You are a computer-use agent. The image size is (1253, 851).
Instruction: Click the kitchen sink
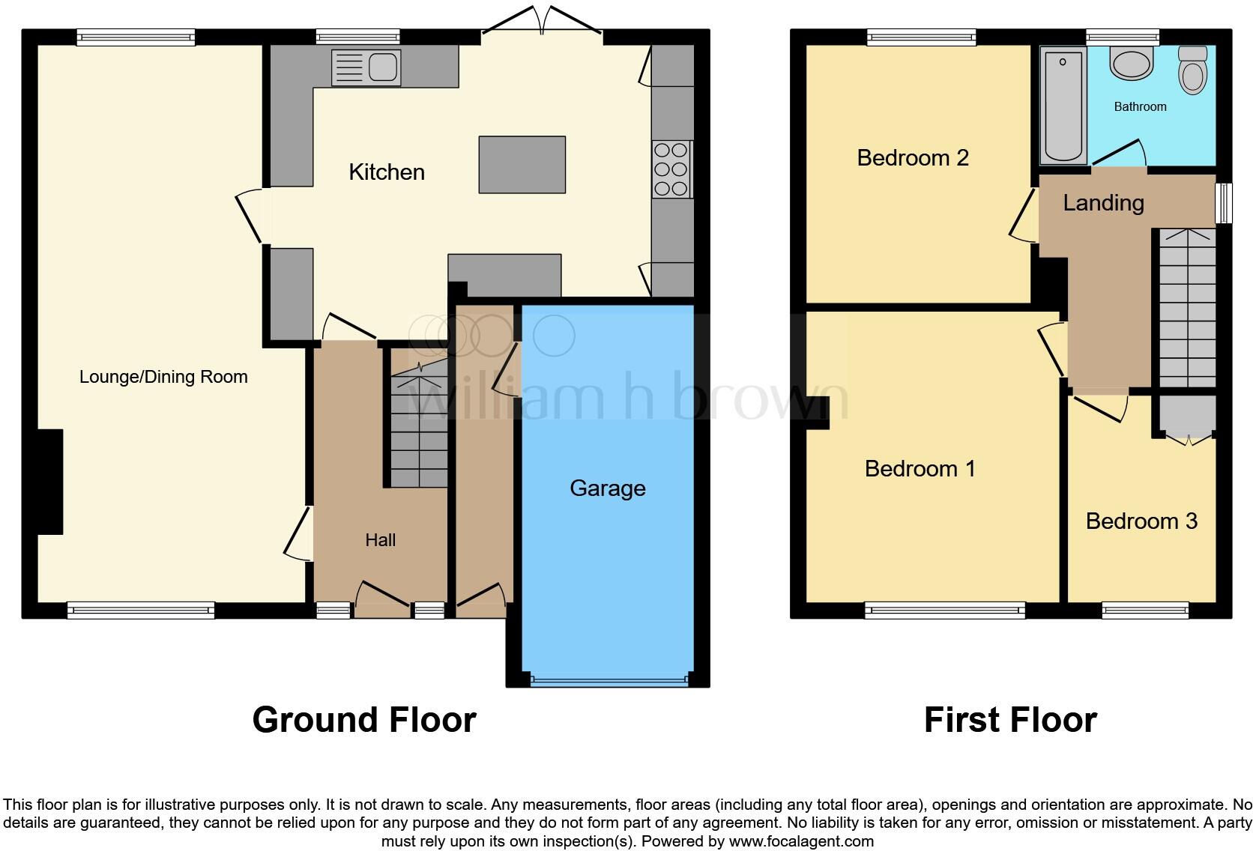click(x=366, y=67)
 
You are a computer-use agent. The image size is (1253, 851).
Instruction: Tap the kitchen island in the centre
click(x=522, y=164)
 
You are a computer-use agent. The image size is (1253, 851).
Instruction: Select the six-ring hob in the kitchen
click(x=671, y=169)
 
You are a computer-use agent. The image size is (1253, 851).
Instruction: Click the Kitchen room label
click(x=387, y=172)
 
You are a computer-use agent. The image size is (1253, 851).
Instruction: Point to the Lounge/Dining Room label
click(x=163, y=377)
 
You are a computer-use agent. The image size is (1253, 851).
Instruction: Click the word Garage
click(x=607, y=488)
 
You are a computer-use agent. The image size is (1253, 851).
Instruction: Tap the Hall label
click(x=380, y=540)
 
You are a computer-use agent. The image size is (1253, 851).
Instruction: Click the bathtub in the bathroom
click(x=1063, y=105)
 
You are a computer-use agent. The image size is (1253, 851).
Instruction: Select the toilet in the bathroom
click(x=1192, y=70)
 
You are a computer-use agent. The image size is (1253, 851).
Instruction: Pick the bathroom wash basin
click(x=1132, y=64)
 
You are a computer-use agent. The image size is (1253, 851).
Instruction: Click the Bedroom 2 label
click(x=913, y=158)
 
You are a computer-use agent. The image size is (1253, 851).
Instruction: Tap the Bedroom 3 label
click(x=1141, y=521)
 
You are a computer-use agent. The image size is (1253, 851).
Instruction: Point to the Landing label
click(x=1103, y=203)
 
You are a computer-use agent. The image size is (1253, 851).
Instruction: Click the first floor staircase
click(x=1187, y=307)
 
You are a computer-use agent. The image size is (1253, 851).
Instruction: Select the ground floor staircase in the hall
click(x=418, y=427)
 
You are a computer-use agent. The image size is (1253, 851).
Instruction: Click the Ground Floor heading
click(x=364, y=720)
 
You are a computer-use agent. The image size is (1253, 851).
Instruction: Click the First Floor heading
click(x=1010, y=720)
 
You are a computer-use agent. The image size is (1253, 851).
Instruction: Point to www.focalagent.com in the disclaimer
click(x=801, y=841)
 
